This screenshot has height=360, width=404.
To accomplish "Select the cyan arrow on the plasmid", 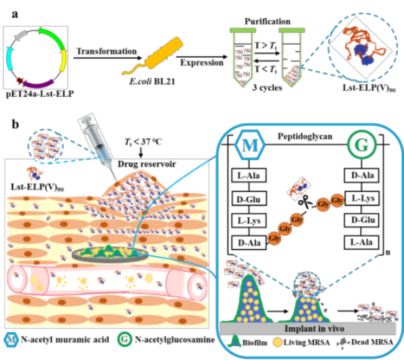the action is coord(10,58).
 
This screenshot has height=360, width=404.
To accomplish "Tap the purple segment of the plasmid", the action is coord(38,84).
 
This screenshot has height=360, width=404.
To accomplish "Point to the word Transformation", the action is coord(107,52).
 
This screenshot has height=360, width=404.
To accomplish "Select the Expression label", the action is coord(202,63).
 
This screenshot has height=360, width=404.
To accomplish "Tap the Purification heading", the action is coord(267,22).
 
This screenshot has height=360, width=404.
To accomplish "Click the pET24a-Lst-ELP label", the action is coord(40,94).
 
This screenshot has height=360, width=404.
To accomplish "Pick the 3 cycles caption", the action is coord(267,88).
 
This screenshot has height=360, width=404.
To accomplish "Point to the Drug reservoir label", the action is coord(147,164).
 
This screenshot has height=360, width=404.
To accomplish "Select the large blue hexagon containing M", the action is coord(250,145).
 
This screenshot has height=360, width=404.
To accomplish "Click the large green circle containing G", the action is coord(362,145).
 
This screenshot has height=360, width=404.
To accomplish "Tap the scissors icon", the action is coord(304,201).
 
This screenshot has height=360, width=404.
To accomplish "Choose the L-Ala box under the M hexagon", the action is coord(249,175).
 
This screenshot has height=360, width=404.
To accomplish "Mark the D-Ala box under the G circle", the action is coord(362,175).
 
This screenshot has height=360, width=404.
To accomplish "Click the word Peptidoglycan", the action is coord(305,136).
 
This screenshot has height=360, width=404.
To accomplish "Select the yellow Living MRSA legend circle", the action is coord(277,343).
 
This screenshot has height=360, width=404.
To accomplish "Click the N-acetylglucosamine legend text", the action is coord(175,340).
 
